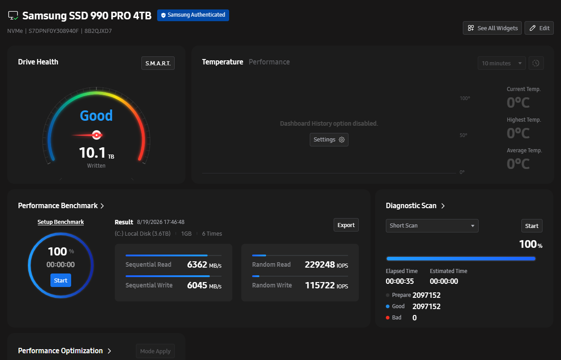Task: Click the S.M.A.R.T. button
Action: tap(158, 63)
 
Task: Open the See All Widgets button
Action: tap(492, 28)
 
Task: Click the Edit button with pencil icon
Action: tap(539, 28)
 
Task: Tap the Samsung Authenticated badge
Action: tap(193, 15)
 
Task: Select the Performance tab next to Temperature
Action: tap(269, 62)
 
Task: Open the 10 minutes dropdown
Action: tap(502, 63)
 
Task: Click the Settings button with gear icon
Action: tap(329, 140)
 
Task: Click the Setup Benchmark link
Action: tap(61, 222)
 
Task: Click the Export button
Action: tap(346, 225)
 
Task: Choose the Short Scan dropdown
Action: tap(432, 226)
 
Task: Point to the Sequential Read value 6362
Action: tap(197, 264)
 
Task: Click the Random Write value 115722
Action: tap(320, 285)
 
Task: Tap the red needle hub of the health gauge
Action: tap(96, 135)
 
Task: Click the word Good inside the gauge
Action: tap(96, 116)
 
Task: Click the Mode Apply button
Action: tap(155, 351)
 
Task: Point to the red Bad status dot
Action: tap(388, 318)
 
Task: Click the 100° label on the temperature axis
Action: tap(465, 98)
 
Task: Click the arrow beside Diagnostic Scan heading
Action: tap(443, 206)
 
